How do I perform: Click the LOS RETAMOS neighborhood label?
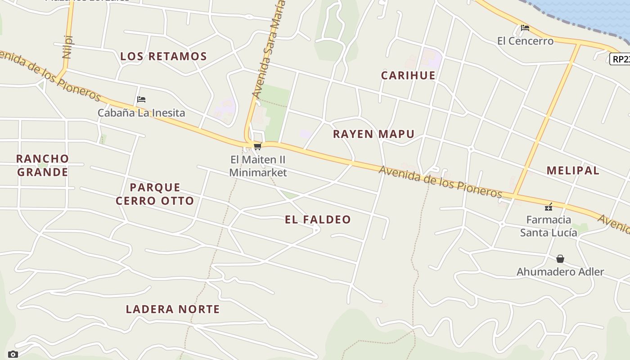[163, 56]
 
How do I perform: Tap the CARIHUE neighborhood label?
[408, 75]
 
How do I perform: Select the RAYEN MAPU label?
[373, 134]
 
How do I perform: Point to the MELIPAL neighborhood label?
[573, 171]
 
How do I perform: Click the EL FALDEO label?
[318, 220]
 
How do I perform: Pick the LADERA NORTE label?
[173, 309]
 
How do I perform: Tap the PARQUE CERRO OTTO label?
[155, 194]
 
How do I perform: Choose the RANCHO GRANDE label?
[42, 165]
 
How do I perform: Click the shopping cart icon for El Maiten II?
[257, 146]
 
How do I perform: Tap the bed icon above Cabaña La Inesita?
[141, 99]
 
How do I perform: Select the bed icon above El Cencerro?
[525, 28]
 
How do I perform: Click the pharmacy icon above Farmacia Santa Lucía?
[549, 207]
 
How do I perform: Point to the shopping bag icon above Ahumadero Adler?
[560, 259]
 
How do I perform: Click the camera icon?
[13, 354]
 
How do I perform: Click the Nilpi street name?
[68, 47]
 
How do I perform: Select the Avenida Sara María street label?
[269, 49]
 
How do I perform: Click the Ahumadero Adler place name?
[560, 272]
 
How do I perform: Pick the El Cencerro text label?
[525, 41]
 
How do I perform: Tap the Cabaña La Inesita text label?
[141, 112]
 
